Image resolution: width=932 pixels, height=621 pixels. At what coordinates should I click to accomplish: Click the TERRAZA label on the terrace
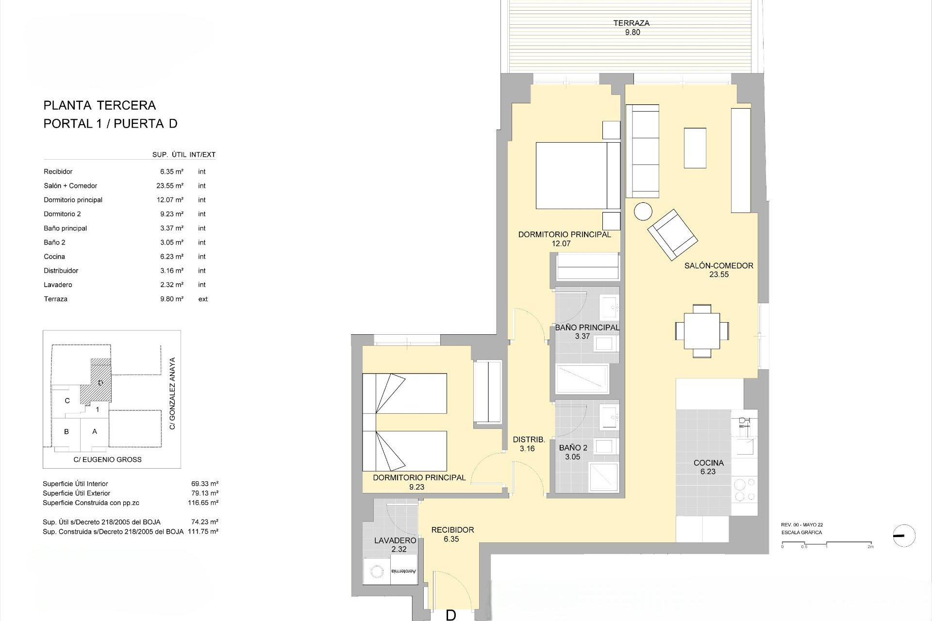tap(631, 23)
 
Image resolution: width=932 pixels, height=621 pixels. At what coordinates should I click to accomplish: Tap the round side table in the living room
tap(644, 212)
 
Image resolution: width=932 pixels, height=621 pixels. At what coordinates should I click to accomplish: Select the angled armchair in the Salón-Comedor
tap(672, 234)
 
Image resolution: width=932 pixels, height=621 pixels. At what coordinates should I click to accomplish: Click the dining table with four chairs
tap(701, 331)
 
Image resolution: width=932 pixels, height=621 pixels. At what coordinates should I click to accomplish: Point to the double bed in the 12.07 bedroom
tap(578, 176)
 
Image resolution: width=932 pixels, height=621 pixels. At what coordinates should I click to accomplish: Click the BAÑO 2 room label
tap(573, 448)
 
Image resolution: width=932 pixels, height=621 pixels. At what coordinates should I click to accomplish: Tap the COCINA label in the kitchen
tap(708, 463)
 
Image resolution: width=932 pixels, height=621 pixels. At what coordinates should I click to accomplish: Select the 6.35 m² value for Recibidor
tap(171, 172)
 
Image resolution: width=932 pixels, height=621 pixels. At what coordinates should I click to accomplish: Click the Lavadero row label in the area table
tap(58, 285)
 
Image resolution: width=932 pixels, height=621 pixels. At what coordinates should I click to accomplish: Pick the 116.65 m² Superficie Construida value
tap(203, 503)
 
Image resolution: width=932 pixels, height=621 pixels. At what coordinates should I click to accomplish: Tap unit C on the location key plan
tap(67, 401)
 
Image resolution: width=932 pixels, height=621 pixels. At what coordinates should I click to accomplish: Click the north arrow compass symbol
tap(904, 536)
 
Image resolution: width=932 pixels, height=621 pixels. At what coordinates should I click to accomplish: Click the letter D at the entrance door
tap(450, 615)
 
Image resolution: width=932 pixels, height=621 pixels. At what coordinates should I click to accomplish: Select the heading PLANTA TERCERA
tap(100, 105)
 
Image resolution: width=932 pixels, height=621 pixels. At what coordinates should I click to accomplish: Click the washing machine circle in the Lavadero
tap(376, 572)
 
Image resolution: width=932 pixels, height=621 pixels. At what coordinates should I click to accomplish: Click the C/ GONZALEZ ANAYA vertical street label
tap(172, 393)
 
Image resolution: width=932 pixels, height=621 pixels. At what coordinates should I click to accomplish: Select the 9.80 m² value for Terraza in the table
tap(171, 299)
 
